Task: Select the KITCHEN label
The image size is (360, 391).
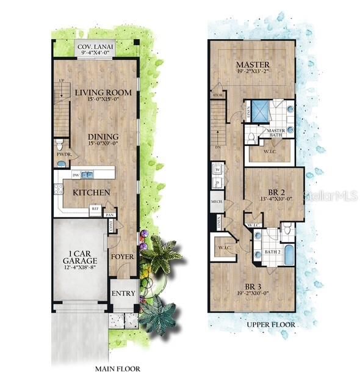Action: [x=92, y=192]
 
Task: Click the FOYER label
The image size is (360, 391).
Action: [x=122, y=256]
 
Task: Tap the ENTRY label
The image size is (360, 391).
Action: [x=123, y=294]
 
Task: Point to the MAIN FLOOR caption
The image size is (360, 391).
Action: [x=118, y=368]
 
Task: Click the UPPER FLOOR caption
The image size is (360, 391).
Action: [x=272, y=324]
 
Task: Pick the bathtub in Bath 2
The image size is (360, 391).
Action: [x=289, y=253]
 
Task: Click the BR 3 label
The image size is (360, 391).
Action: [x=253, y=287]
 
